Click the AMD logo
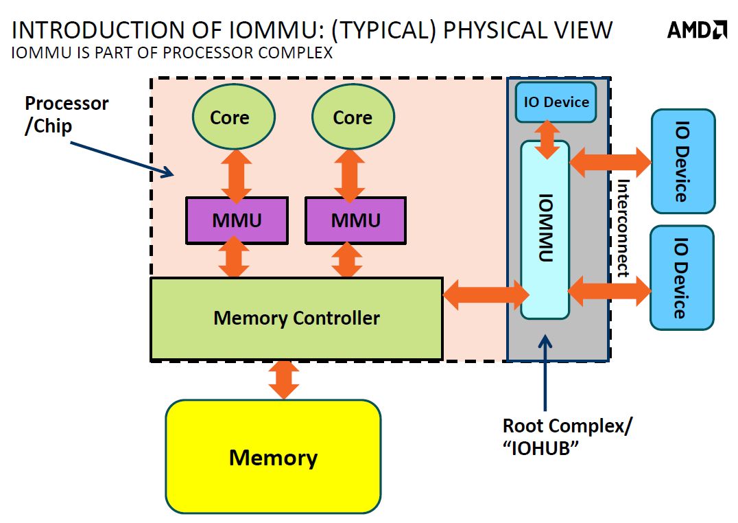click(x=697, y=29)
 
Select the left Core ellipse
click(x=229, y=117)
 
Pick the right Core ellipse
click(x=353, y=117)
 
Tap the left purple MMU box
click(x=237, y=220)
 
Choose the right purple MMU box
click(x=355, y=220)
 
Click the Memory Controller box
click(x=296, y=318)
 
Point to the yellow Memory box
click(x=273, y=457)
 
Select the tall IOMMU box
click(x=545, y=229)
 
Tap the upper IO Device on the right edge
click(x=682, y=161)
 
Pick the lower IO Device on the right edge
click(x=682, y=277)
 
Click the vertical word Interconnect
click(x=623, y=228)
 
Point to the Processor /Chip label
click(x=67, y=114)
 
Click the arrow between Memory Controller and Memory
click(x=284, y=379)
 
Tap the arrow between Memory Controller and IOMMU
click(x=486, y=294)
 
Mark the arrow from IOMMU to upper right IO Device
click(x=610, y=161)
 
